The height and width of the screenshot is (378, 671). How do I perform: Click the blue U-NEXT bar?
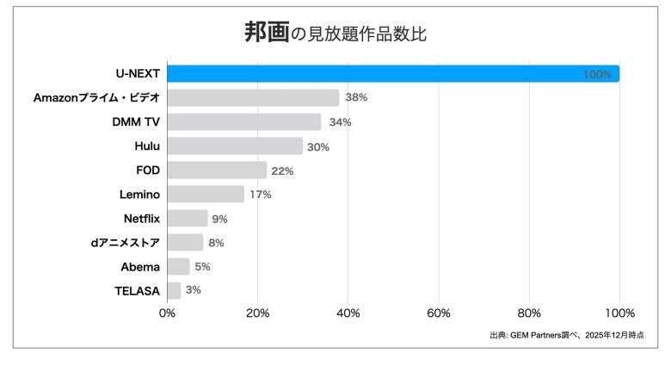(x=393, y=74)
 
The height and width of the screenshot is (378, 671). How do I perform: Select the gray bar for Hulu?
(x=235, y=146)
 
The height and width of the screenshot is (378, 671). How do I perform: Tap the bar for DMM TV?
(x=244, y=122)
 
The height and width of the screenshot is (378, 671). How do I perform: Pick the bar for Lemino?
(x=206, y=195)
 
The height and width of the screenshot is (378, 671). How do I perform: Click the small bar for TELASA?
(x=174, y=290)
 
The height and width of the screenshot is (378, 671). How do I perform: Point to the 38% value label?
(x=356, y=98)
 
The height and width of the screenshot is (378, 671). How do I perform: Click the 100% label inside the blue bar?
(x=597, y=75)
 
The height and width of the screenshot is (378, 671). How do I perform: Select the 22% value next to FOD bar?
(x=282, y=170)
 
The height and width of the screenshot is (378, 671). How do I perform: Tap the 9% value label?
(x=219, y=219)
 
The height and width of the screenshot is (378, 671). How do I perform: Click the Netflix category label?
(x=142, y=219)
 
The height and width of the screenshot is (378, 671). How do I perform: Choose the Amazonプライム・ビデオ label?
(x=96, y=98)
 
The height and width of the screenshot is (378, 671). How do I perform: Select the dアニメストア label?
(x=126, y=243)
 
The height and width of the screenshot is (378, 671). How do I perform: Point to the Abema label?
(x=140, y=267)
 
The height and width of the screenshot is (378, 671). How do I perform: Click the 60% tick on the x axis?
(x=439, y=313)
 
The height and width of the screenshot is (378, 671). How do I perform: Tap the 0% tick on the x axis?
(x=168, y=313)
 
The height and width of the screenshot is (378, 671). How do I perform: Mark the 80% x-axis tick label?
(x=529, y=313)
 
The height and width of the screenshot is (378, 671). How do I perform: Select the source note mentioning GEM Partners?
(x=566, y=335)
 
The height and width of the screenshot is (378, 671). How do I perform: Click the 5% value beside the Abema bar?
(x=201, y=267)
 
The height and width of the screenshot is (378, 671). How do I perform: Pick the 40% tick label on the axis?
(x=348, y=313)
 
